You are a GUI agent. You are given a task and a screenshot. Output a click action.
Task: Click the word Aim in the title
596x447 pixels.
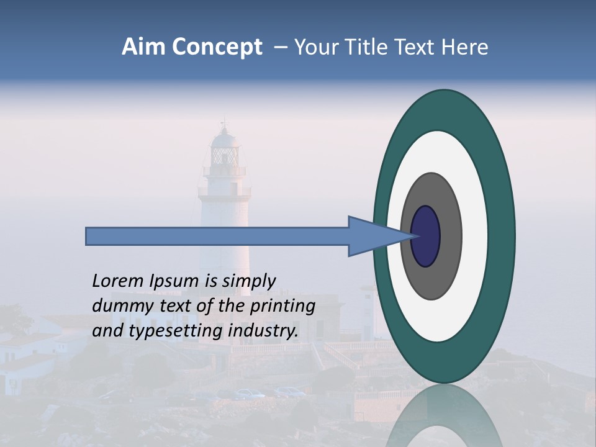pyautogui.click(x=143, y=47)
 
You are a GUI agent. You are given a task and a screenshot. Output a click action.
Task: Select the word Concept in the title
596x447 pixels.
pyautogui.click(x=217, y=47)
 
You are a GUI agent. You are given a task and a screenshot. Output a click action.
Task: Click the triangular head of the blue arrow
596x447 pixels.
pyautogui.click(x=372, y=237)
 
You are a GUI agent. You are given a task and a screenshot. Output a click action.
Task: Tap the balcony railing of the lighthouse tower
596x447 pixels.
pyautogui.click(x=224, y=191)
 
